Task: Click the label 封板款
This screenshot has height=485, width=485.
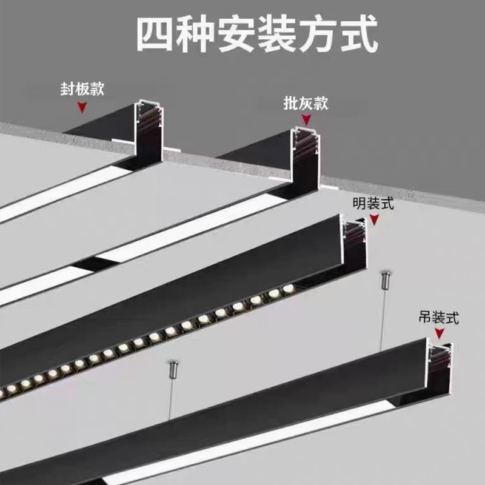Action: click(82, 90)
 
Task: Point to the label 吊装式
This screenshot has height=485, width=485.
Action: click(439, 316)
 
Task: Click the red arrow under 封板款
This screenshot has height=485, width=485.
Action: click(82, 108)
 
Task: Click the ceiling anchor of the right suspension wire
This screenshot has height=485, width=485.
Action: click(384, 281)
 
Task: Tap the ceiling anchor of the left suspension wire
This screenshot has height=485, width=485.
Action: click(173, 367)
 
